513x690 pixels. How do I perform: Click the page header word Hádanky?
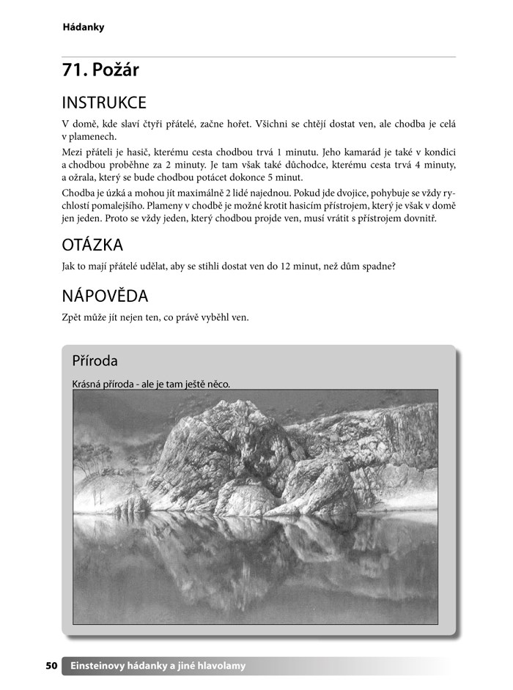click(84, 27)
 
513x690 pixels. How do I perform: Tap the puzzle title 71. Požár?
click(100, 70)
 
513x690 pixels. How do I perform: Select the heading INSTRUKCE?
click(104, 102)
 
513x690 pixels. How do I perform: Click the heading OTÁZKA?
click(92, 245)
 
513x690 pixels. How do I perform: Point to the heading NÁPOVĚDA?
click(105, 296)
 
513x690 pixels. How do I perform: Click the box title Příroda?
click(95, 360)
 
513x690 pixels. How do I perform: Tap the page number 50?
click(51, 666)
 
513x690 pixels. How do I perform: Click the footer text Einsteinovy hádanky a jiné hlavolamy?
click(158, 666)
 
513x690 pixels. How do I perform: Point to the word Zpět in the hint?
click(73, 317)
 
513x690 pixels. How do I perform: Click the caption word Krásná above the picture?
click(88, 384)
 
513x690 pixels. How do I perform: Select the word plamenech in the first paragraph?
click(93, 137)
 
